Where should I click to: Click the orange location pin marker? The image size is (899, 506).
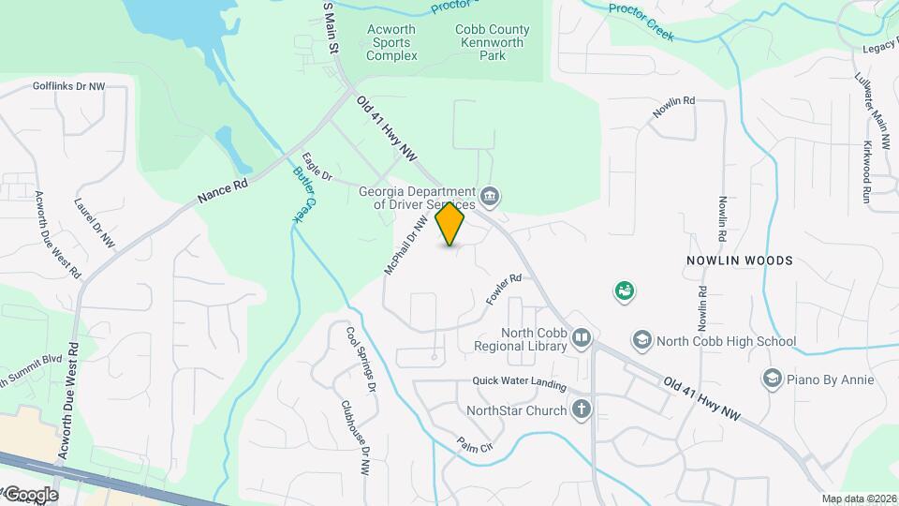(450, 224)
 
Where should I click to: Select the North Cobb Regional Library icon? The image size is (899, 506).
(582, 337)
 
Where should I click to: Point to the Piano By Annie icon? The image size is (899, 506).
(772, 378)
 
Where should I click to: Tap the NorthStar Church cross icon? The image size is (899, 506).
(582, 409)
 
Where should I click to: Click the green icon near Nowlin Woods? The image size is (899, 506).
(624, 291)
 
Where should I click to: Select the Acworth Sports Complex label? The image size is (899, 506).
(391, 42)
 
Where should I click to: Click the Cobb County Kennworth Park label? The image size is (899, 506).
(493, 42)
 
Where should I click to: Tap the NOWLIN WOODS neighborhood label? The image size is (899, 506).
(739, 260)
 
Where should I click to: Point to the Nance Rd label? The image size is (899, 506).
(223, 192)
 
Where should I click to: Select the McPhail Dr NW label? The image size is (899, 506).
(405, 246)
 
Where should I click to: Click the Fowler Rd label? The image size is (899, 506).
(503, 290)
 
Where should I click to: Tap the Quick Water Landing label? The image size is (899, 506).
(519, 384)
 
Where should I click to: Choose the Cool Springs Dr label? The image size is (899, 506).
(361, 359)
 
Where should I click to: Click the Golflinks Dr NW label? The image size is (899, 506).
(68, 85)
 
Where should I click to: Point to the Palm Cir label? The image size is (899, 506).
(475, 450)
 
